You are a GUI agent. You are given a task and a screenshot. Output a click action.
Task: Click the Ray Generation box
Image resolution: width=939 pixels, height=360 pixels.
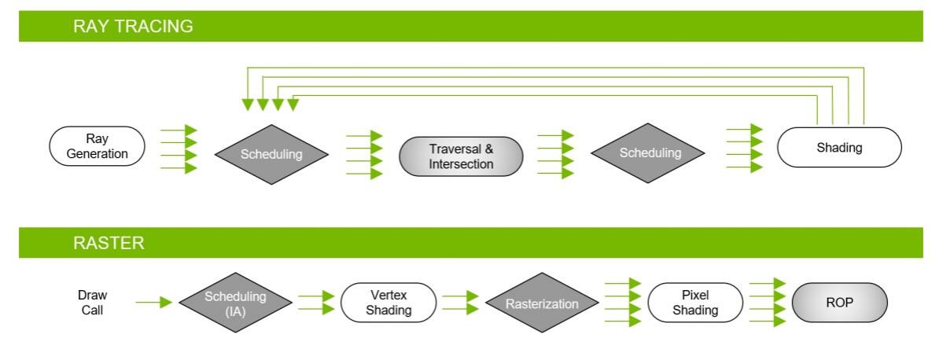[x=97, y=146]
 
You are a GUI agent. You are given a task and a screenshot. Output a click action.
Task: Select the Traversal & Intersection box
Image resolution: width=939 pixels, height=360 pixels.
[x=461, y=156]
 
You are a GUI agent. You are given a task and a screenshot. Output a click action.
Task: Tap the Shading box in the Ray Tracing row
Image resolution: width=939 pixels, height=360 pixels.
[x=839, y=147]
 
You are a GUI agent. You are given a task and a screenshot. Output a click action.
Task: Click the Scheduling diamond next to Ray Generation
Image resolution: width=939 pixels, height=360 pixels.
[x=271, y=155]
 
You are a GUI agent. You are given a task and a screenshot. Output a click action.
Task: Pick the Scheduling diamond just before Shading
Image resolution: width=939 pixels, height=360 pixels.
[x=648, y=153]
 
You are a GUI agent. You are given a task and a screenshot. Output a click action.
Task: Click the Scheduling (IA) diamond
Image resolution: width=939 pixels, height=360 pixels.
[x=235, y=303]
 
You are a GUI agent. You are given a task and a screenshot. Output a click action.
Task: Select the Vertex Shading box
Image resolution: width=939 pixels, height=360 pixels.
[x=388, y=303]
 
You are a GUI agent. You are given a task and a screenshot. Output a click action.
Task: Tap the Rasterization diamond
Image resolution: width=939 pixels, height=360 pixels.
[x=542, y=303]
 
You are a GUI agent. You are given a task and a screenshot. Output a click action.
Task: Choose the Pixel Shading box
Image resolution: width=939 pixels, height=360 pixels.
[x=695, y=303]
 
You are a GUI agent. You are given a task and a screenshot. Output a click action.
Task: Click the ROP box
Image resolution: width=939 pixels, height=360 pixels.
[x=840, y=303]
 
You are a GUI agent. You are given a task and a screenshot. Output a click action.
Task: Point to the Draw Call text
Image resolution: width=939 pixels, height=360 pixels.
[x=92, y=303]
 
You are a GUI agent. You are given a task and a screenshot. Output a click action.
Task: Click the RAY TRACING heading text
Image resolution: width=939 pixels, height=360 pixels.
[x=133, y=27]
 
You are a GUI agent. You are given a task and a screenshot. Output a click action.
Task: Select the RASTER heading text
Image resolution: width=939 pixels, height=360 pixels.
[x=109, y=243]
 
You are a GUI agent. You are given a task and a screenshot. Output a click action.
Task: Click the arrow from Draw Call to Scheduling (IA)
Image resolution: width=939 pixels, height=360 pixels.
[x=154, y=303]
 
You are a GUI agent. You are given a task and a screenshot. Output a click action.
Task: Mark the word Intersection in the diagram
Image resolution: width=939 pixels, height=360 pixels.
[x=461, y=164]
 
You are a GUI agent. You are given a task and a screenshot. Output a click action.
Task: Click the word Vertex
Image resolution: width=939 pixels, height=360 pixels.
[x=388, y=296]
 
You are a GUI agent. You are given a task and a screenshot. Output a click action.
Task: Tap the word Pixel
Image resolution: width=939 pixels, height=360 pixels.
[x=695, y=296]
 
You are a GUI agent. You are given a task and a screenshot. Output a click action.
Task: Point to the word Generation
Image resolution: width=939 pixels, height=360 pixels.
[x=97, y=154]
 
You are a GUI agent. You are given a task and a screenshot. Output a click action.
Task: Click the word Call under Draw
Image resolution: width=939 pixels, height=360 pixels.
[x=92, y=310]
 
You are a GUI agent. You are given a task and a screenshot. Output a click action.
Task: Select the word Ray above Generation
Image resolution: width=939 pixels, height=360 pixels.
[x=97, y=139]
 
